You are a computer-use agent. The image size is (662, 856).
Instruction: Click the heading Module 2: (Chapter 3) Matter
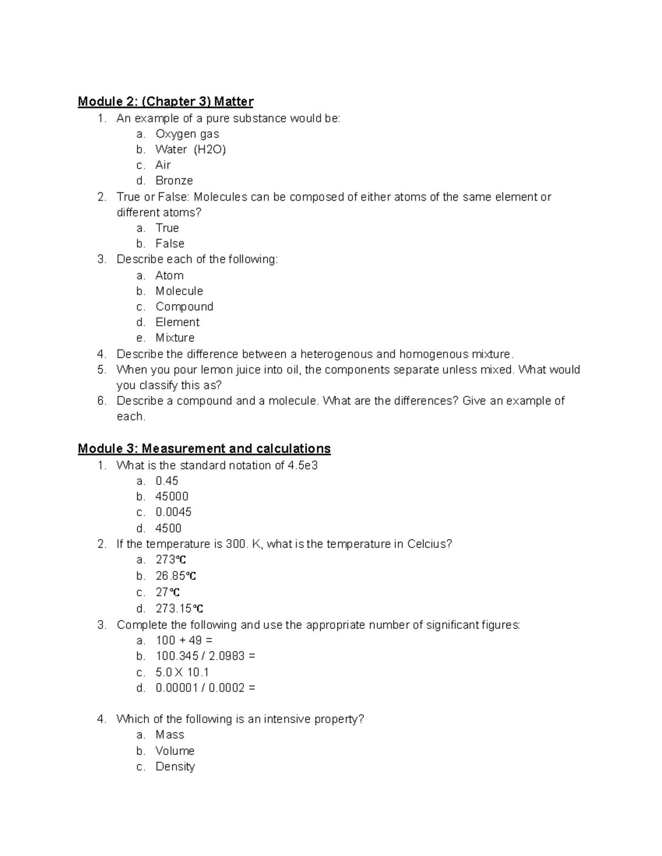coord(165,101)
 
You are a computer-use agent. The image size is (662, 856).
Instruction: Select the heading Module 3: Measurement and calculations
coord(204,449)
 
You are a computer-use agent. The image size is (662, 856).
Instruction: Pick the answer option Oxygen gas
coord(187,134)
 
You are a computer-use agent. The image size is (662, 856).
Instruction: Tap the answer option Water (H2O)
coord(190,149)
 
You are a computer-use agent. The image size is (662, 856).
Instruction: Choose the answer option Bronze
coord(174,181)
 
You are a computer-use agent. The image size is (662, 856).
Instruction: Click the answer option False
coord(169,244)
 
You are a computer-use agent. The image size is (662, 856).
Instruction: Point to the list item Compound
coord(184,306)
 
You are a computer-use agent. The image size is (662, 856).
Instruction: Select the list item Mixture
coord(175,338)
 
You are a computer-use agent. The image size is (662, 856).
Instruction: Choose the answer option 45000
coord(172,497)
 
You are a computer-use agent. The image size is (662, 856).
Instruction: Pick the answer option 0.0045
coord(173,512)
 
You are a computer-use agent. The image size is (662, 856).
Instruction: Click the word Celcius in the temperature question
coord(429,544)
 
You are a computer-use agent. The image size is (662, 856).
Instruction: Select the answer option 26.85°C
coord(176,576)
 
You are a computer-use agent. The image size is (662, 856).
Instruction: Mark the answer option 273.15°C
coord(179,609)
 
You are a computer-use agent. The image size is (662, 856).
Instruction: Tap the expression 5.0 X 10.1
coord(182,672)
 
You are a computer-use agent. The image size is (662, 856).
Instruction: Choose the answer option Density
coord(175,767)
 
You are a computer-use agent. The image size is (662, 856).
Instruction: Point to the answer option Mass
coord(169,735)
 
